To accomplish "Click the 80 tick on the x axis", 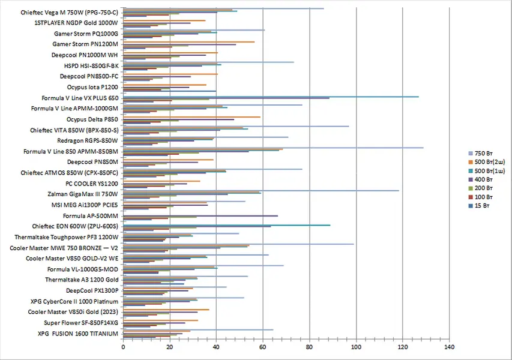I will click(309, 346).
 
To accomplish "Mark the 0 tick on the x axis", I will click(123, 346).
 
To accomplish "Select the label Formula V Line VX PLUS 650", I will click(80, 98).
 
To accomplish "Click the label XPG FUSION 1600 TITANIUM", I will click(77, 334).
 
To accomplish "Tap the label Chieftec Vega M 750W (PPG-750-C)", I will click(69, 11).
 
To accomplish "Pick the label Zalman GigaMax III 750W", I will click(83, 194).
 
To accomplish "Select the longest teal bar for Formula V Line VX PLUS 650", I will click(270, 97).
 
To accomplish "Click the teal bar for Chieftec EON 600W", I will click(226, 225).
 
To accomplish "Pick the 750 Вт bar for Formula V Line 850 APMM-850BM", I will click(273, 148).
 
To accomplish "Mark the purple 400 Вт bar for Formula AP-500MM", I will click(200, 216).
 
